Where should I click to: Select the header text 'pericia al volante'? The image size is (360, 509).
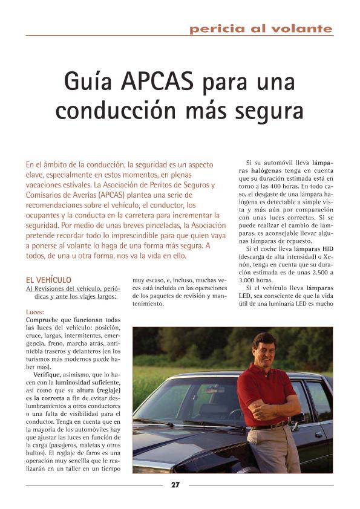click(x=261, y=28)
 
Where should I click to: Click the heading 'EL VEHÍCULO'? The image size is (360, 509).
click(x=48, y=280)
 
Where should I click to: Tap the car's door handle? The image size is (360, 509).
click(x=318, y=433)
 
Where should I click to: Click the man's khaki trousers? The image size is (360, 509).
click(x=278, y=450)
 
